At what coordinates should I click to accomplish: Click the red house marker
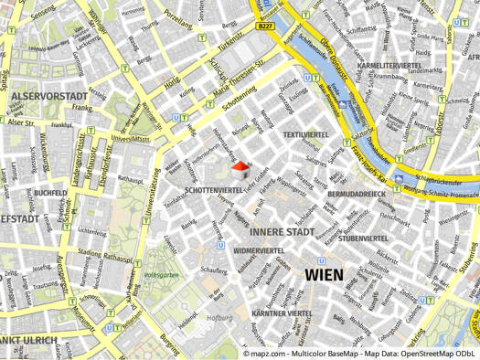[240, 170]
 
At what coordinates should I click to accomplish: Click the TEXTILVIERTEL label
[304, 134]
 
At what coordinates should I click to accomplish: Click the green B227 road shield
[265, 26]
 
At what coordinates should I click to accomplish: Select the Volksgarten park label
[160, 273]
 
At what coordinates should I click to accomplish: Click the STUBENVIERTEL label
[363, 238]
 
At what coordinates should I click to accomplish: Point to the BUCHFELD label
[48, 194]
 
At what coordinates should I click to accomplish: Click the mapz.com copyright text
[360, 352]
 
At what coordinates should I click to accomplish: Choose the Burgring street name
[170, 344]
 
